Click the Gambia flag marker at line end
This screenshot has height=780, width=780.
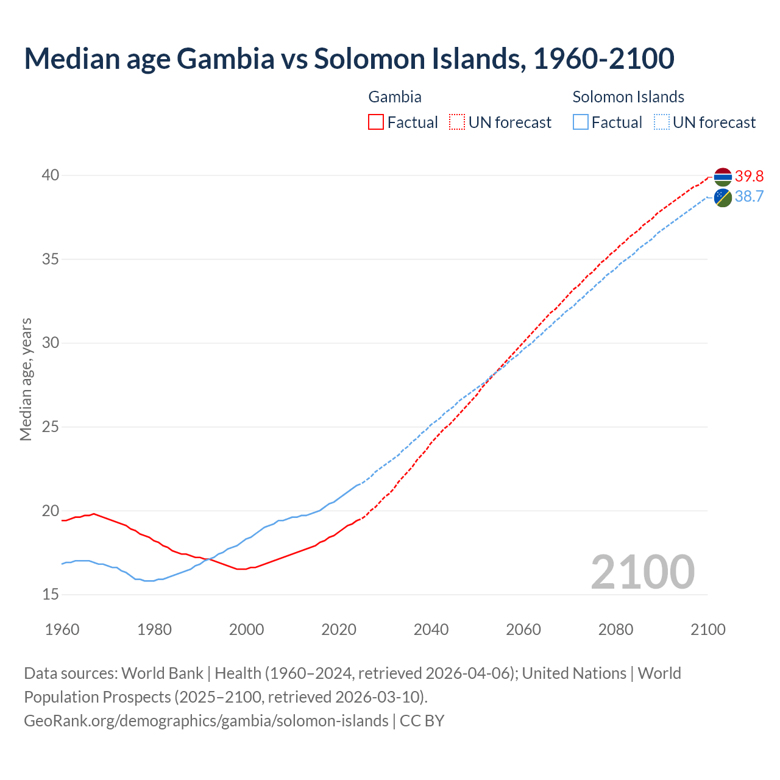click(723, 177)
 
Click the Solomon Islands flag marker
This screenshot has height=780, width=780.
click(723, 197)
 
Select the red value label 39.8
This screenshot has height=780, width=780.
click(749, 176)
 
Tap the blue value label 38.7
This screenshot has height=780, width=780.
click(749, 196)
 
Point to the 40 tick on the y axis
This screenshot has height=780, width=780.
click(50, 175)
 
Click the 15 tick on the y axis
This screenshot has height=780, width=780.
click(50, 594)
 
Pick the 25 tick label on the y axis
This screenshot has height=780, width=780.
click(50, 427)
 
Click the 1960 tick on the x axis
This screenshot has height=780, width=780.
click(62, 629)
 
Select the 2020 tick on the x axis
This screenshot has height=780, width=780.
click(339, 629)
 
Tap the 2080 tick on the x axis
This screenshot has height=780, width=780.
click(615, 629)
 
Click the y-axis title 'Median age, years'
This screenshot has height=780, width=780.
click(26, 379)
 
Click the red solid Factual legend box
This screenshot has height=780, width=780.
click(376, 122)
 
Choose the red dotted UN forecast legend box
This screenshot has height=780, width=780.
click(457, 122)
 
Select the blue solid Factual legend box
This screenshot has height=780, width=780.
click(581, 122)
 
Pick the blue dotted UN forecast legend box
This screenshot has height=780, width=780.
click(661, 122)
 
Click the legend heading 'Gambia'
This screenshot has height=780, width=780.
click(395, 97)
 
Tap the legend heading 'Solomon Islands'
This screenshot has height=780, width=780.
click(628, 97)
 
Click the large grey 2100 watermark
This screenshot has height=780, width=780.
click(642, 572)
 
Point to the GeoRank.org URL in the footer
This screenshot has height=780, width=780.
click(206, 721)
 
